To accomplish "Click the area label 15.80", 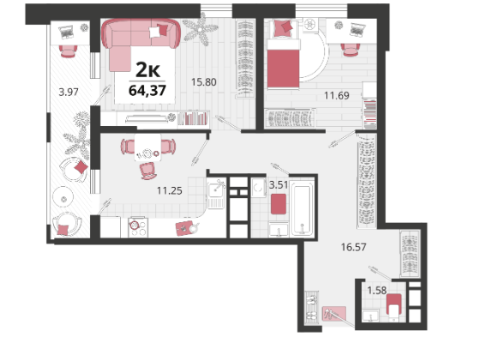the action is (204, 82).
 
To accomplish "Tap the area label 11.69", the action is (336, 95).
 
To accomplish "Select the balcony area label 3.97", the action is (69, 92).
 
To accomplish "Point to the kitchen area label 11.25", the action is (170, 190).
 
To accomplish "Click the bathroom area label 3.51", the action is (278, 185).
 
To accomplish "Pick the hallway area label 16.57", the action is (354, 247).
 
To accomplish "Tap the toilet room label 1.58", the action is (377, 291).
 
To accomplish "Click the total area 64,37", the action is (147, 91).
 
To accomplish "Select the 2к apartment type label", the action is (147, 70).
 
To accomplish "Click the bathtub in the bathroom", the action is (302, 209).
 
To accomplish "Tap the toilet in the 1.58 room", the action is (393, 308).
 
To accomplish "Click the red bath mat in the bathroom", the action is (278, 204).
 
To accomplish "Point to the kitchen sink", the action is (216, 194).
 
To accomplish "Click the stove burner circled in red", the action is (135, 225).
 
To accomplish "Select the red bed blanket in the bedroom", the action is (284, 68).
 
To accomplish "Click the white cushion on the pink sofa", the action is (155, 33).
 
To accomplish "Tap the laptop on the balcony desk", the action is (66, 32).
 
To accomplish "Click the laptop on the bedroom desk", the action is (356, 30).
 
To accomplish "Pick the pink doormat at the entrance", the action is (334, 314).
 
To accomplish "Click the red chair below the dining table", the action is (148, 171).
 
